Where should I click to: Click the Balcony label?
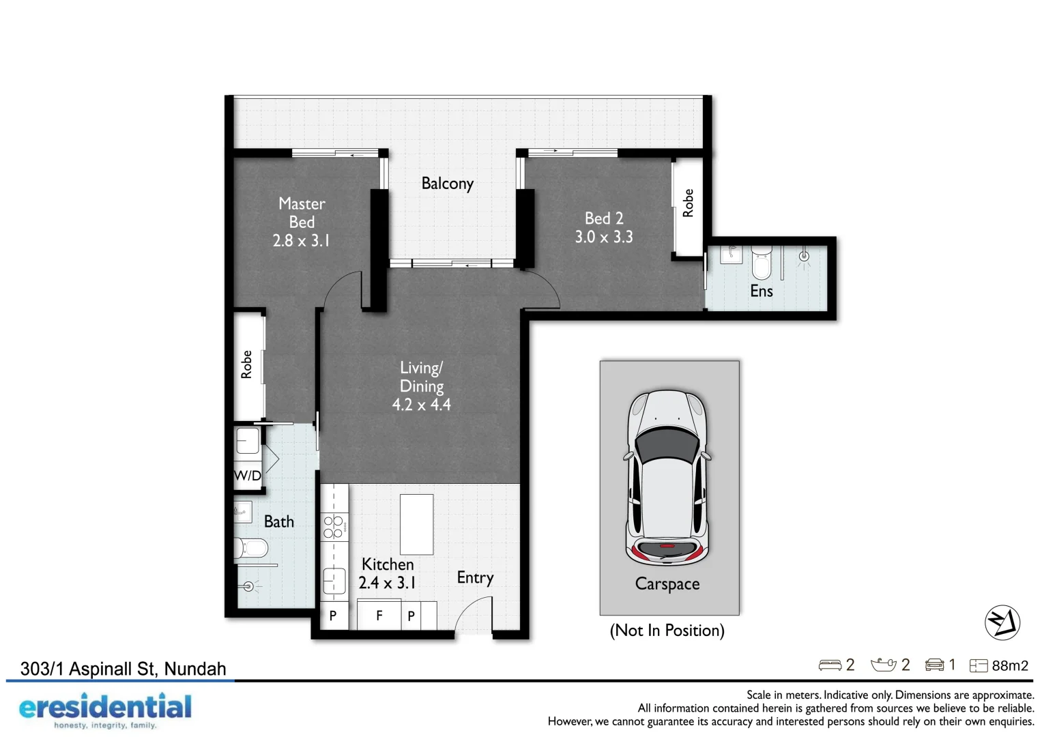[447, 184]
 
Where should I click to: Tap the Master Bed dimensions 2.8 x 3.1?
[301, 241]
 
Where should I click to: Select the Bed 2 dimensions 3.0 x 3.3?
[603, 237]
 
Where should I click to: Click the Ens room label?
[761, 291]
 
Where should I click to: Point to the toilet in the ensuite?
[761, 263]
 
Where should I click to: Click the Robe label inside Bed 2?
[688, 203]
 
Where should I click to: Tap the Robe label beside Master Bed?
[246, 364]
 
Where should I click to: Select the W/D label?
[247, 476]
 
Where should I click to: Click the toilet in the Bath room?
[251, 548]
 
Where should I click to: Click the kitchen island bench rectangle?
[416, 524]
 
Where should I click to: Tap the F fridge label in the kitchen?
[379, 616]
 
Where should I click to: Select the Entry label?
[475, 578]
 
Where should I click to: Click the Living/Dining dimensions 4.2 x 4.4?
[421, 405]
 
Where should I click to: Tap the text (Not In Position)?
[667, 631]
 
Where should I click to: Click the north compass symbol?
[1002, 622]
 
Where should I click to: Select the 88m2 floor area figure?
[1009, 666]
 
